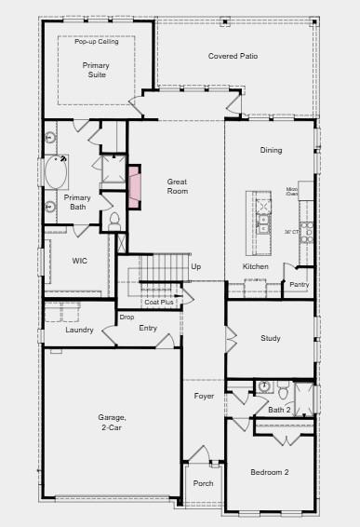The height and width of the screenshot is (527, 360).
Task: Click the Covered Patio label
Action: [x=233, y=57]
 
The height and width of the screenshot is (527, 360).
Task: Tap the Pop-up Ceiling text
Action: [x=96, y=40]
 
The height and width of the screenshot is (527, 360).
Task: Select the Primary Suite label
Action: [x=95, y=70]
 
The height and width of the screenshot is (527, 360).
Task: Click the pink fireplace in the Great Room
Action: [x=134, y=186]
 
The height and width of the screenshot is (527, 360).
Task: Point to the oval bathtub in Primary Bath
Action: [x=53, y=174]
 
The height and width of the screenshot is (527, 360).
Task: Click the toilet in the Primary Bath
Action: [x=114, y=222]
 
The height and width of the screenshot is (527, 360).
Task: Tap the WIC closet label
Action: [x=80, y=262]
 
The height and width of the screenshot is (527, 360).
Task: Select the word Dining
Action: [x=271, y=151]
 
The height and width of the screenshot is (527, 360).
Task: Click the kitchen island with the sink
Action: [x=260, y=223]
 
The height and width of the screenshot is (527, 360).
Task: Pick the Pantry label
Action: [x=299, y=284]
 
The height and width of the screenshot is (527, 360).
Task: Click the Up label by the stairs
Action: [x=195, y=267]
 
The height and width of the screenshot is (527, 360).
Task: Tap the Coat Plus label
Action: [x=159, y=302]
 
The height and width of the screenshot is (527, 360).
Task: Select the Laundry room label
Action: [x=79, y=331]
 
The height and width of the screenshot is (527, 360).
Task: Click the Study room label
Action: [x=270, y=338]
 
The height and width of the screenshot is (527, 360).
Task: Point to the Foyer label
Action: [x=204, y=396]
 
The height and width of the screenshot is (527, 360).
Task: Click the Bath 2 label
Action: [x=280, y=410]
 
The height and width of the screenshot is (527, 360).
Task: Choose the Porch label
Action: [x=203, y=483]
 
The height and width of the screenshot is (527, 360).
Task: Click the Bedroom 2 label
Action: [x=270, y=473]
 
